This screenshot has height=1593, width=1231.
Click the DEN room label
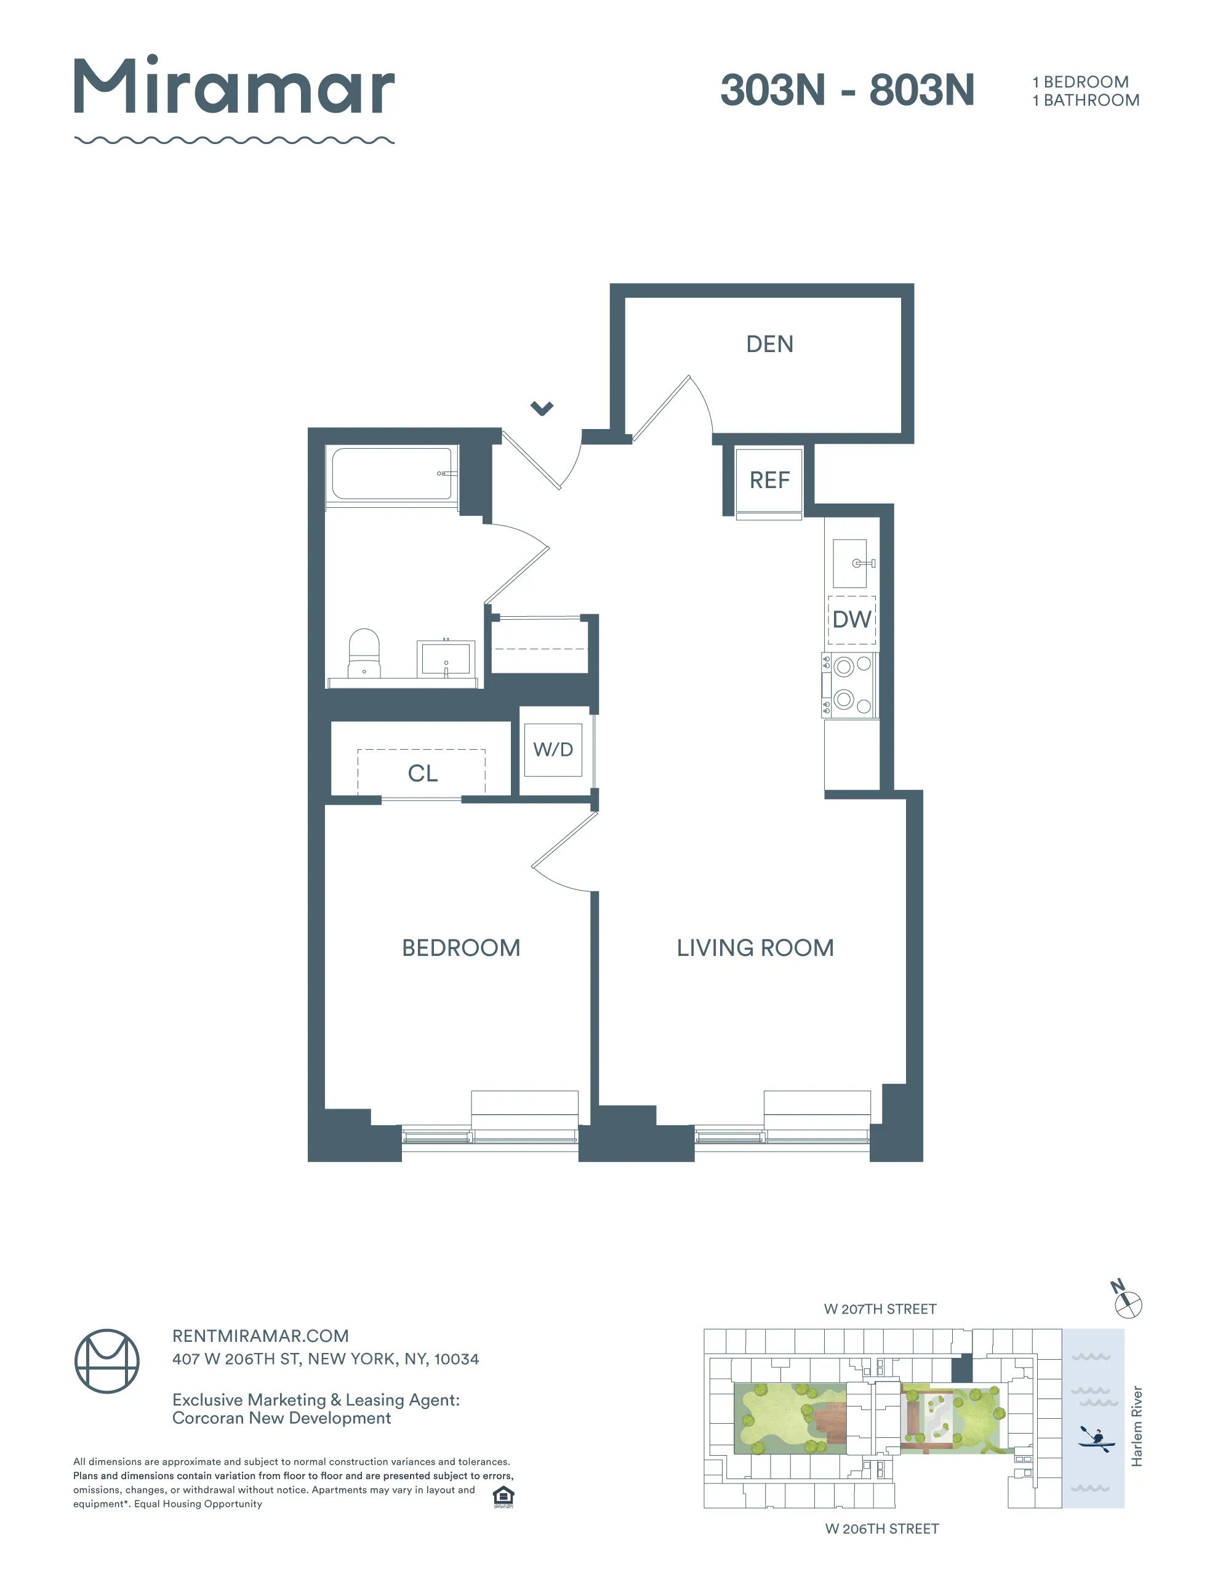click(769, 344)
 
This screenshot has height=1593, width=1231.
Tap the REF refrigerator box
click(769, 480)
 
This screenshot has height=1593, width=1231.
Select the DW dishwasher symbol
click(852, 620)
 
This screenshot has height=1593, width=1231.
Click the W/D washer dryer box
click(553, 749)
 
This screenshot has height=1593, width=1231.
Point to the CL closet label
click(422, 773)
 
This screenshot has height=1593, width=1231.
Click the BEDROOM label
click(461, 947)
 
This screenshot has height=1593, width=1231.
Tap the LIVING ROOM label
click(755, 947)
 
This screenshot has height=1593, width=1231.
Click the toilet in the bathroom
click(364, 654)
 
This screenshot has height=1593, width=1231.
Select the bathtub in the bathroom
click(391, 473)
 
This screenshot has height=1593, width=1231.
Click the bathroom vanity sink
click(446, 659)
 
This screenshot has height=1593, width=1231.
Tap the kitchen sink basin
click(849, 563)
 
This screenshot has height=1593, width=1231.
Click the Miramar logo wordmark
click(234, 87)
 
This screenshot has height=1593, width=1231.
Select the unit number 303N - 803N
click(847, 90)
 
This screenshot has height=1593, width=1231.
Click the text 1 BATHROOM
click(1086, 101)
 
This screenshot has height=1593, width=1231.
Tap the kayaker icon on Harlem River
click(1096, 1439)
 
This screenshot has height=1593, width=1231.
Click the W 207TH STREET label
click(880, 1309)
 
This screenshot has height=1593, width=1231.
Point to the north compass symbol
click(1128, 1304)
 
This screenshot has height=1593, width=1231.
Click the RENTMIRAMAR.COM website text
click(260, 1336)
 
